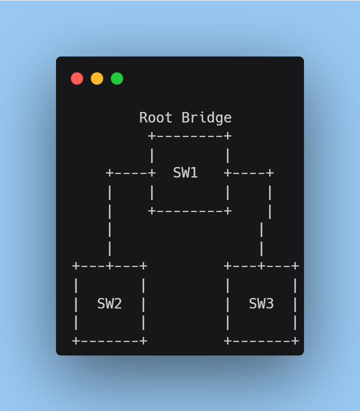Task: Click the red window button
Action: pos(77,78)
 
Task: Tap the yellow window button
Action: pos(97,78)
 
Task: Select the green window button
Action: pos(117,78)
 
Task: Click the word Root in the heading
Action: pos(156,118)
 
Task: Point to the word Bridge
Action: pos(206,118)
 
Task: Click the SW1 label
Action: pos(185,173)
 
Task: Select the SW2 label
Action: pos(109,303)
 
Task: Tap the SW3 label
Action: pos(261,303)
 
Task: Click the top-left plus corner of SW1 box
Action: pos(152,136)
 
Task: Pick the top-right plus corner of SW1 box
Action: pos(228,136)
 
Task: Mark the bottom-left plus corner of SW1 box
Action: pos(152,211)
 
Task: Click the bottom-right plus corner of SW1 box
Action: pos(228,211)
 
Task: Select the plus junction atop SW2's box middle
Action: pos(109,266)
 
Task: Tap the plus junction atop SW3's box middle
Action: pos(261,266)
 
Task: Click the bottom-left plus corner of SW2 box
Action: pos(76,341)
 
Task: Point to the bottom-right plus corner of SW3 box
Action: pos(295,341)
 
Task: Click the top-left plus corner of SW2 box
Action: pos(76,266)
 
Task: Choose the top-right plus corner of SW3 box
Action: pos(295,266)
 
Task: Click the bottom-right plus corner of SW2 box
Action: pos(143,341)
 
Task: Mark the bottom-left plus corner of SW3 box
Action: pos(228,341)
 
